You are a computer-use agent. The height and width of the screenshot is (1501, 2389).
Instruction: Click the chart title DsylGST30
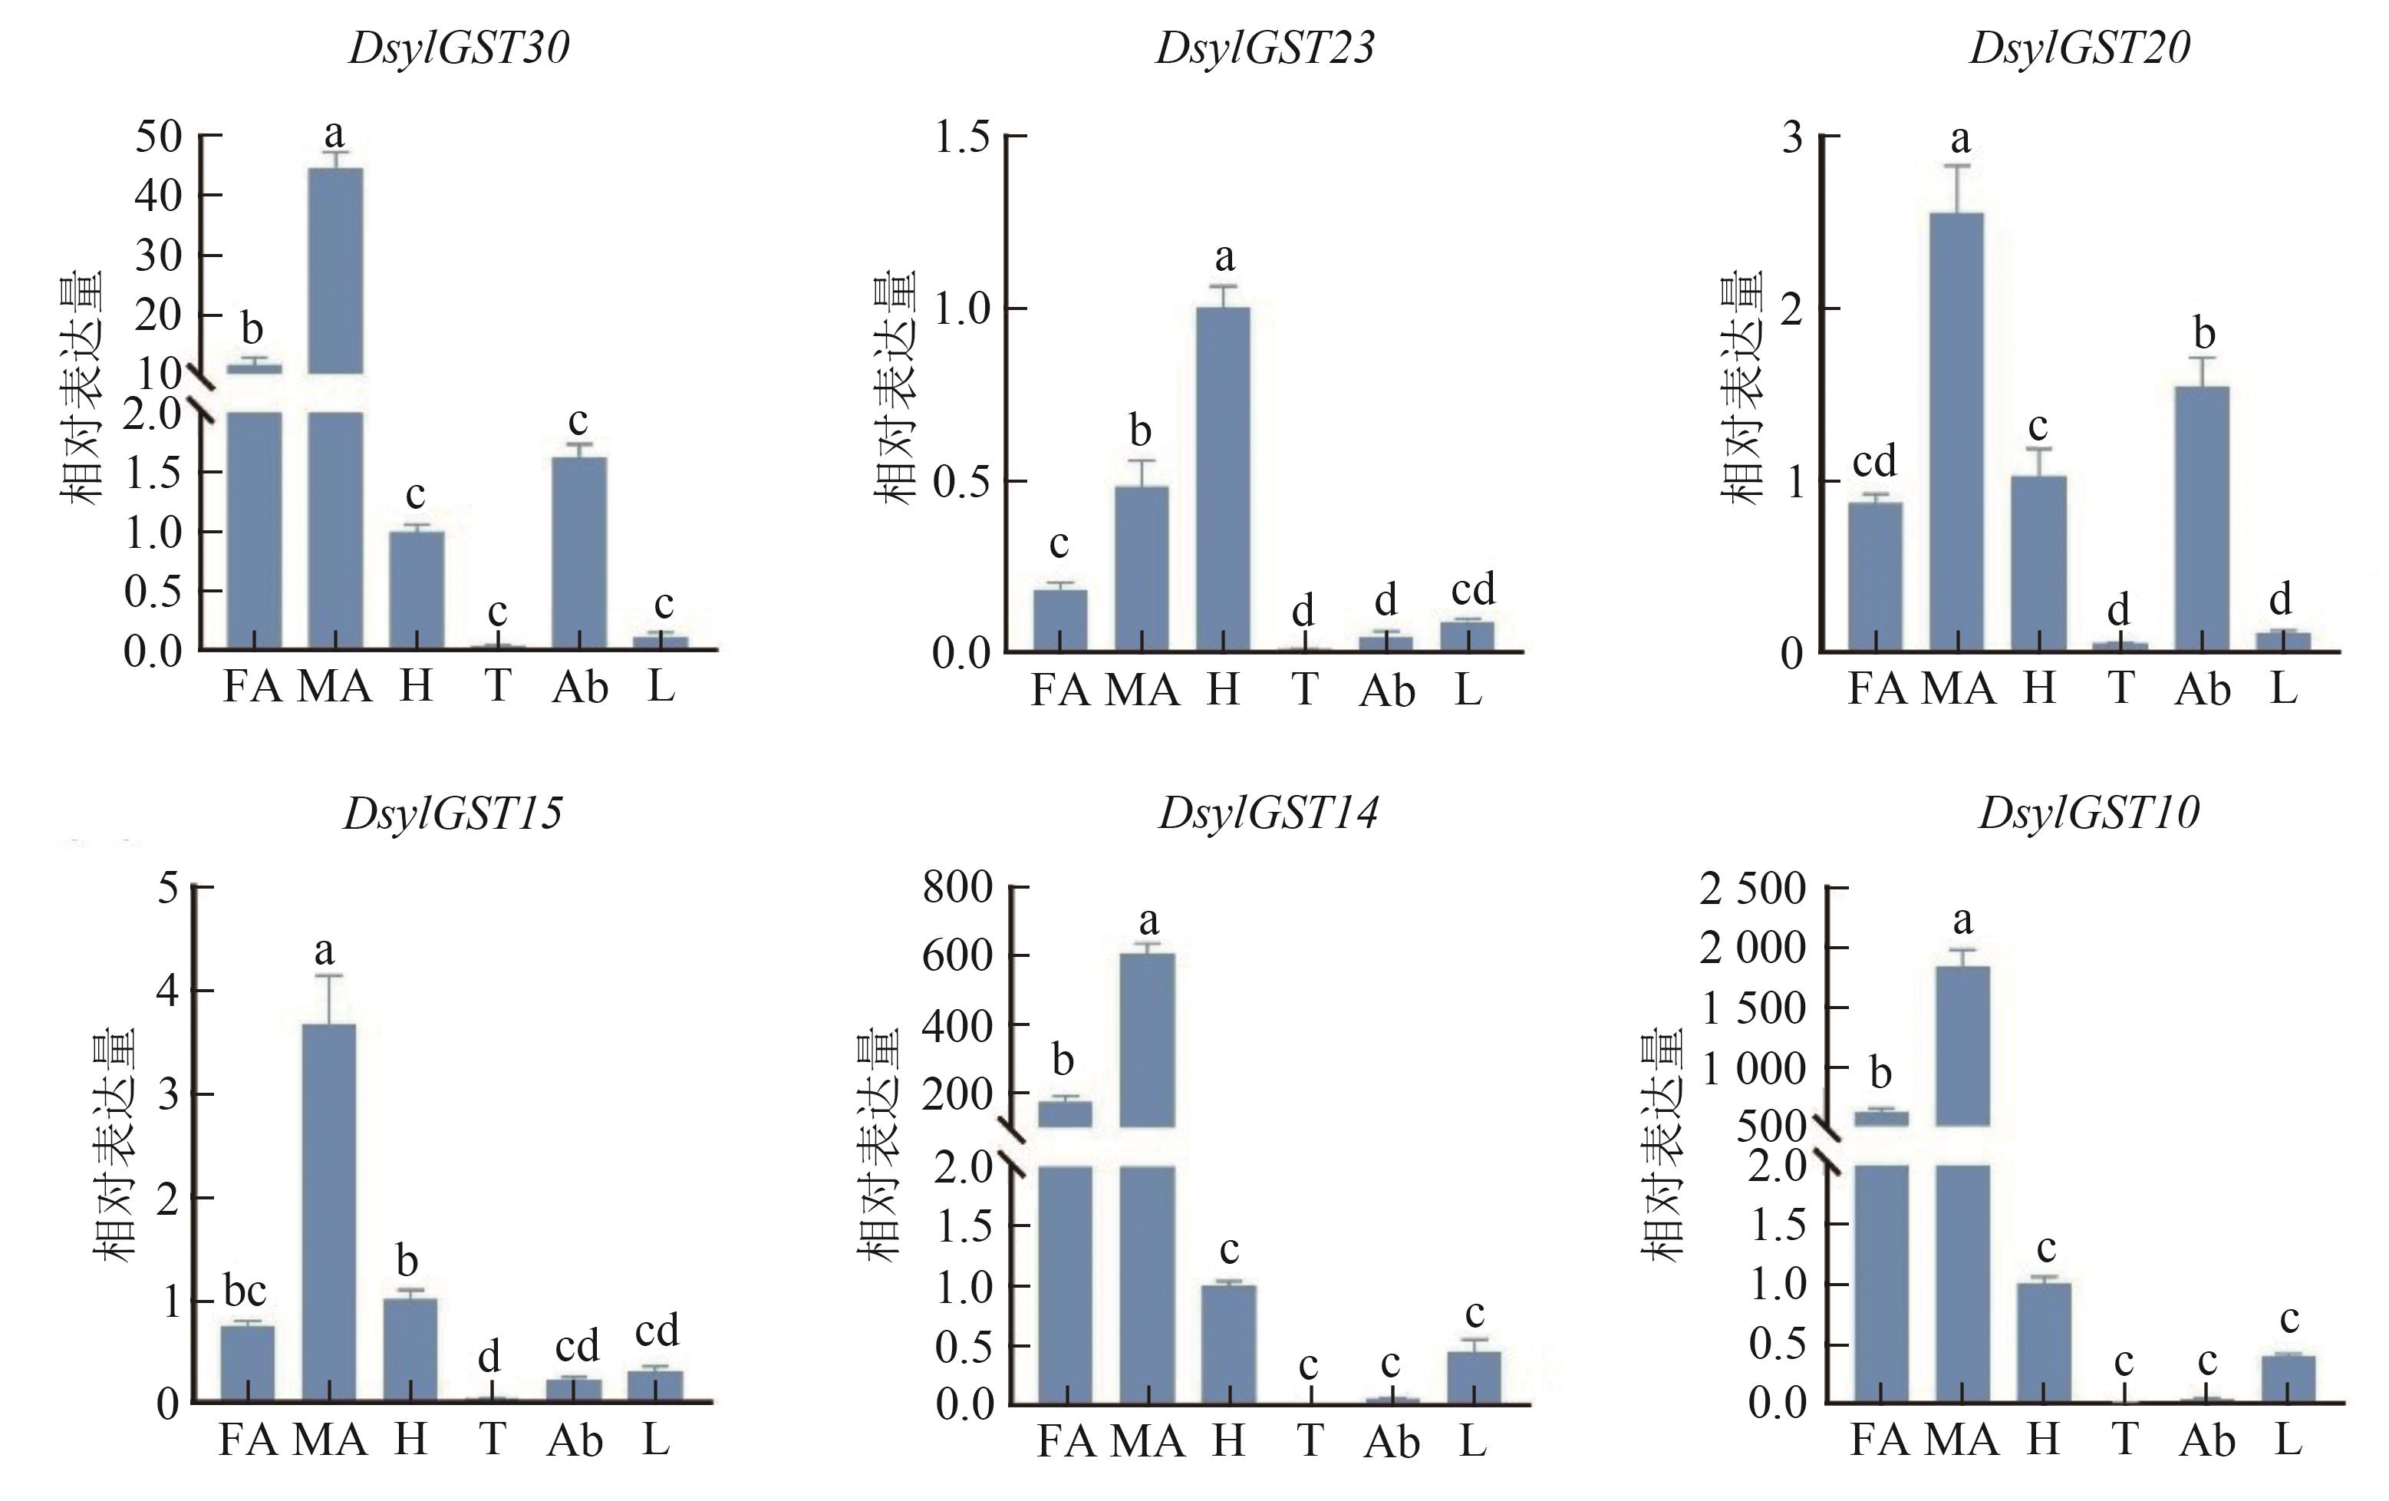pos(458,48)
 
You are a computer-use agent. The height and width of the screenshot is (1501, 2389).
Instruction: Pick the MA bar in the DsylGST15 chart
pos(328,1212)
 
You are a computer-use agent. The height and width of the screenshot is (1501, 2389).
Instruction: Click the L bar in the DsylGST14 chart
pos(1473,1377)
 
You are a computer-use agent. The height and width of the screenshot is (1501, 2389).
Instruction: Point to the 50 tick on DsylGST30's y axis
pos(159,136)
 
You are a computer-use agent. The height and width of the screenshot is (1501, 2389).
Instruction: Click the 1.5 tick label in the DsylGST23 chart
pos(961,137)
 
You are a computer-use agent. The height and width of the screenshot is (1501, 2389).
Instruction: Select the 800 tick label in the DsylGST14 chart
pos(957,887)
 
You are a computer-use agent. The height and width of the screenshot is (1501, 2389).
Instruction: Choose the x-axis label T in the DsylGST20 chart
pos(2120,688)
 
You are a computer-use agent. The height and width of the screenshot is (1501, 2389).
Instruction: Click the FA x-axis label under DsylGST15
pos(247,1440)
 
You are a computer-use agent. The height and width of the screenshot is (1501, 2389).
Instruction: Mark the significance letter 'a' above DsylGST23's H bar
pos(1224,258)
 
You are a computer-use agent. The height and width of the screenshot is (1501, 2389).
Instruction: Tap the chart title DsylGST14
pos(1268,813)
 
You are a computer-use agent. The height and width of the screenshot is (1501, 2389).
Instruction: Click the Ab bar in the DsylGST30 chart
pos(579,553)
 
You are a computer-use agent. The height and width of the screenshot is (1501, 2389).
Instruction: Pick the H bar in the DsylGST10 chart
pos(2044,1342)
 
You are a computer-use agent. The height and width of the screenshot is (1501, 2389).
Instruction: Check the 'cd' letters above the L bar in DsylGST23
pos(1472,589)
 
